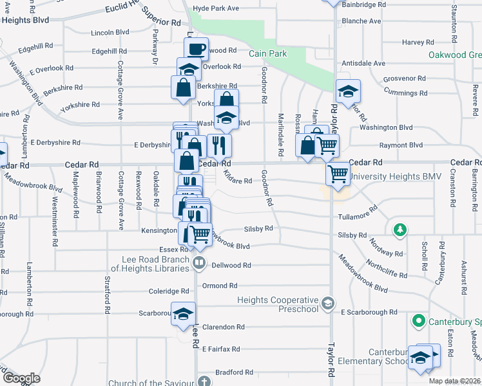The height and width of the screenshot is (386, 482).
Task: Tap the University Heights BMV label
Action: point(394,176)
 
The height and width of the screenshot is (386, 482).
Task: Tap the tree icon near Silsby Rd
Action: point(400,230)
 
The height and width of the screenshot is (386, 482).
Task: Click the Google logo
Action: point(21,378)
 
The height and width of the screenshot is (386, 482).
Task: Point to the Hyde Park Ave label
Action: point(216,8)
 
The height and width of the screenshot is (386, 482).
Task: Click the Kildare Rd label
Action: point(238,181)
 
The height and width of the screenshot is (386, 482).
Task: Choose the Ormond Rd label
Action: point(215,286)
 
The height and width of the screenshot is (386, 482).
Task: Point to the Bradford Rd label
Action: point(234,372)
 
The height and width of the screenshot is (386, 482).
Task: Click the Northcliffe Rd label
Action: point(387,269)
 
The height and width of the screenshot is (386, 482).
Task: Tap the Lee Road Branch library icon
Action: point(199,262)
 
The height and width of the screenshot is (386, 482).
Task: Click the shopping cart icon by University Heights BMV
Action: point(338,173)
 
